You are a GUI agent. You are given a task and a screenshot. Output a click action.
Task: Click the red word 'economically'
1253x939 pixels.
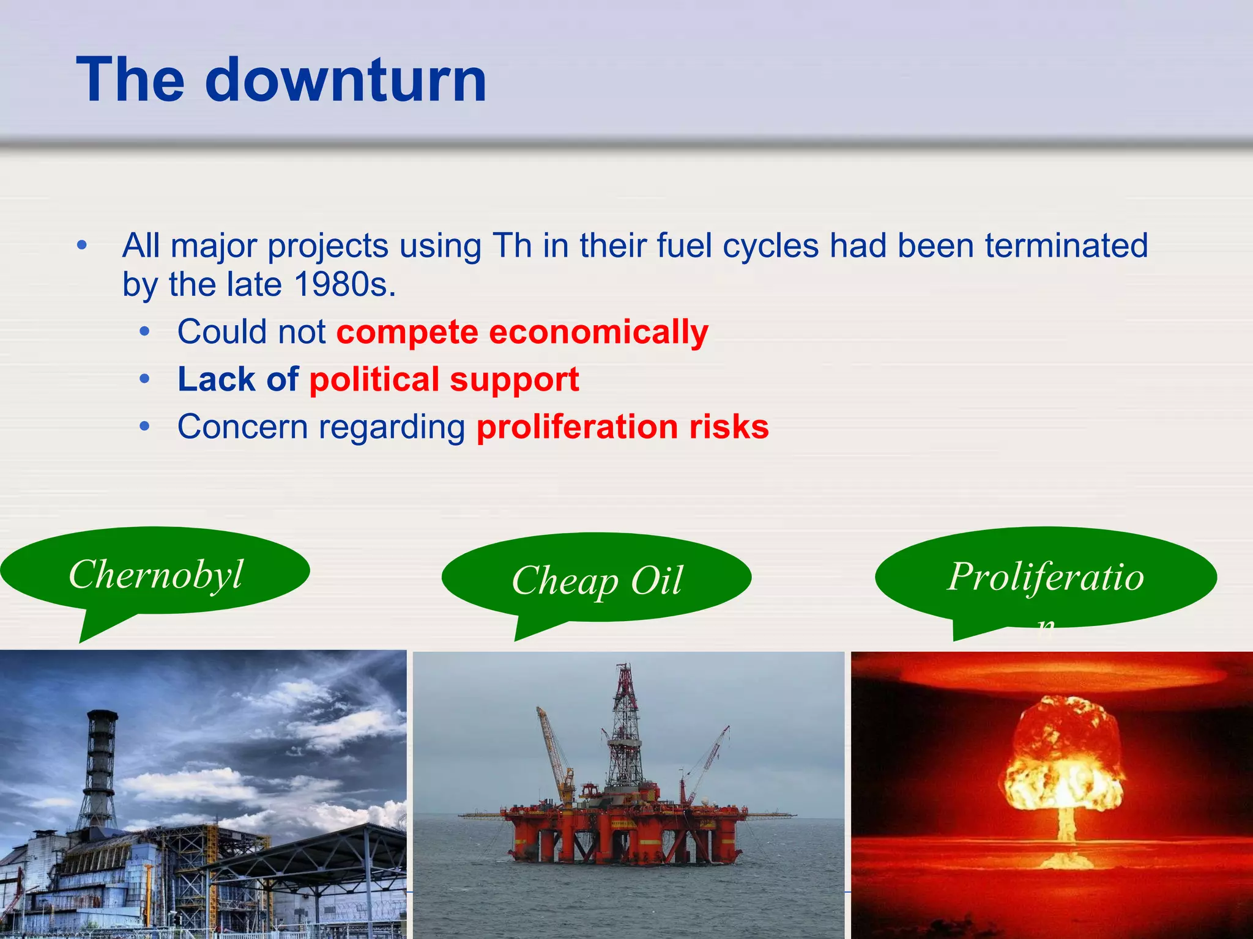[x=598, y=333]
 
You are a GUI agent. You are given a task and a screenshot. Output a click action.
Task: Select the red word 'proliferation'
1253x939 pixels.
[x=577, y=427]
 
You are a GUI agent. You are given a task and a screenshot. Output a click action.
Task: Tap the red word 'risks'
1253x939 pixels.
[x=729, y=427]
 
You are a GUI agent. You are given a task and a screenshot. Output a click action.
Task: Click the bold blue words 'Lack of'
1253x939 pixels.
[x=237, y=379]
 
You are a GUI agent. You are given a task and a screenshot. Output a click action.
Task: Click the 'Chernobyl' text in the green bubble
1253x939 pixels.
[x=155, y=575]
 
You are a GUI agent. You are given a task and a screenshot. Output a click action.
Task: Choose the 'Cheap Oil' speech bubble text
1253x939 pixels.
[x=597, y=580]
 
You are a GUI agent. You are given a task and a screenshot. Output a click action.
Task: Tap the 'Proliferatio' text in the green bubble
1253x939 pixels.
[x=1045, y=576]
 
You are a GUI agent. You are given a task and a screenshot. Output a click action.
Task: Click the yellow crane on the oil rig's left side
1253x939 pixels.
[x=554, y=752]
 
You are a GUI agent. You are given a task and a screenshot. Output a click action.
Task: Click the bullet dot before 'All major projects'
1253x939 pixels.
[x=82, y=246]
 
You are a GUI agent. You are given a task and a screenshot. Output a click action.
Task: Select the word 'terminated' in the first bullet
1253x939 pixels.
[x=1066, y=246]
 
